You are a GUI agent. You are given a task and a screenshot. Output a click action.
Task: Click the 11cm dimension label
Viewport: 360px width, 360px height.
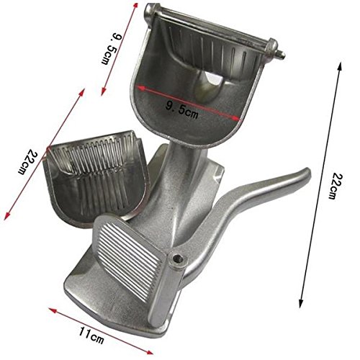(x=91, y=336)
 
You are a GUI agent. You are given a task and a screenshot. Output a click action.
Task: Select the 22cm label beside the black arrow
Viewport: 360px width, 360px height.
(x=335, y=186)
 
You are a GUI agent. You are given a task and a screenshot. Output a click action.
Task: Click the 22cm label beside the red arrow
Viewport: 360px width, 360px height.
(x=28, y=162)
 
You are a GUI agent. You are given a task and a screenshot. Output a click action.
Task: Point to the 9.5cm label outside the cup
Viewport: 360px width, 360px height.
(x=112, y=50)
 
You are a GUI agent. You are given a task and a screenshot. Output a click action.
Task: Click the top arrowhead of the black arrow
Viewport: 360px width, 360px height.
(x=339, y=66)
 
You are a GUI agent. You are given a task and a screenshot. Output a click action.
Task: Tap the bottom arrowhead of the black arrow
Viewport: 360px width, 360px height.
(x=301, y=303)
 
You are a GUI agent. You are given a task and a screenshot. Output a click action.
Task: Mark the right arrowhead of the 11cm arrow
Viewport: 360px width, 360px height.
(x=149, y=352)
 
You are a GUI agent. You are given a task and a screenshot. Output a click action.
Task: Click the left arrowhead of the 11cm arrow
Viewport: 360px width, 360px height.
(x=53, y=310)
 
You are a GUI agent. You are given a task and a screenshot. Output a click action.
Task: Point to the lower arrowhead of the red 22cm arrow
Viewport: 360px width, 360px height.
(x=7, y=216)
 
